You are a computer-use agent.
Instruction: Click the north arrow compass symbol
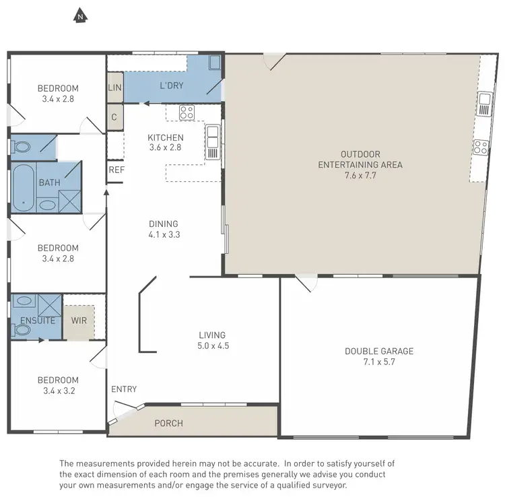(x=80, y=15)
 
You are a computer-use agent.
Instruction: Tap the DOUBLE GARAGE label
(x=379, y=351)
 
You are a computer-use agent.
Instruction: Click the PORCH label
(x=168, y=424)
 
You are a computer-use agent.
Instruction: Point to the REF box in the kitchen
(x=116, y=170)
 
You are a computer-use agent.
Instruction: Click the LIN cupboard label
(x=114, y=88)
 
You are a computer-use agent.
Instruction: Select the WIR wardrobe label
(x=79, y=320)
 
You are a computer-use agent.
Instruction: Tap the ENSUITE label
(x=37, y=321)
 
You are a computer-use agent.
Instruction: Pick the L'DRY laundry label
(x=172, y=86)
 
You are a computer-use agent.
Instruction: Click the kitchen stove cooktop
(x=187, y=112)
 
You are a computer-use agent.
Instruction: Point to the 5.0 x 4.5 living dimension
(x=212, y=346)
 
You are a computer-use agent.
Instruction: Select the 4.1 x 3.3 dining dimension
(x=164, y=235)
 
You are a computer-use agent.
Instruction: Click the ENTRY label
(x=124, y=389)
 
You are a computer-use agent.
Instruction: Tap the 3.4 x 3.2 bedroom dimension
(x=58, y=391)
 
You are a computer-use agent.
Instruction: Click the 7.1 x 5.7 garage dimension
(x=379, y=362)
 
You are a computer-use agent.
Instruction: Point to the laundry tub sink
(x=214, y=64)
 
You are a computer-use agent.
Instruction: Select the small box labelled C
(x=114, y=116)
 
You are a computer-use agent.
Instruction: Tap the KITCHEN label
(x=166, y=138)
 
